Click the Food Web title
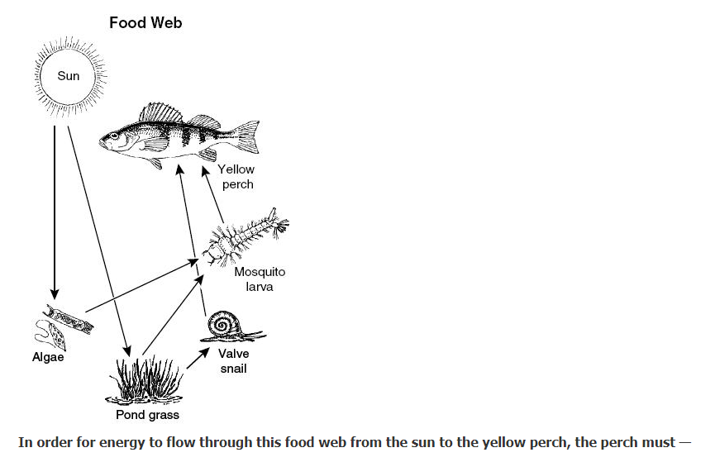145,23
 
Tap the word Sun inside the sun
69,76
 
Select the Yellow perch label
236,176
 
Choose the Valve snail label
233,361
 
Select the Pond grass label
147,414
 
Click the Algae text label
48,358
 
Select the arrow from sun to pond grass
98,231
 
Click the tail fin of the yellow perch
245,135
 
